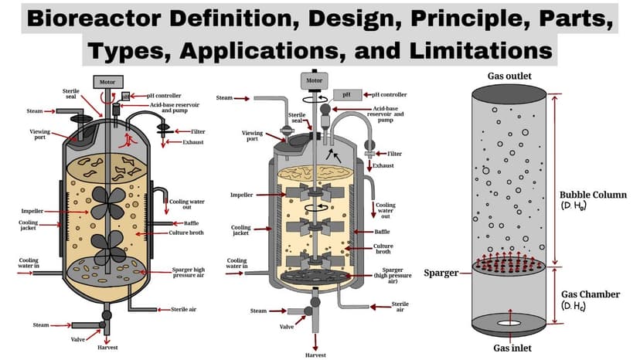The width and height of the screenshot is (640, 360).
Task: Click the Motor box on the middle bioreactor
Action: coord(314,80)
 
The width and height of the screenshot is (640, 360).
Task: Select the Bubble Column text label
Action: coord(593,195)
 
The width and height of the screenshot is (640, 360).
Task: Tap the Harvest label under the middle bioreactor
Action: coord(315,355)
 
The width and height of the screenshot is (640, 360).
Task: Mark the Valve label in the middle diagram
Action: coord(287,326)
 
